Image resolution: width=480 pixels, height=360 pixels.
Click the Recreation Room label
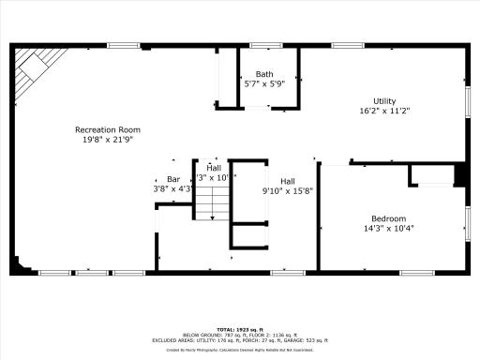pyautogui.click(x=108, y=129)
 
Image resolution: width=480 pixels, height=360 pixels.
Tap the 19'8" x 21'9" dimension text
pyautogui.click(x=108, y=139)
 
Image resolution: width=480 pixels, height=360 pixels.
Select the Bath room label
pyautogui.click(x=264, y=74)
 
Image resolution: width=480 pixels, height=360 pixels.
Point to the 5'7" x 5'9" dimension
pyautogui.click(x=264, y=83)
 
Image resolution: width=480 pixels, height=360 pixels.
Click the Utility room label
pyautogui.click(x=384, y=101)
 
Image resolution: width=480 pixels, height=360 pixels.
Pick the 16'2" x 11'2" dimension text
pyautogui.click(x=384, y=111)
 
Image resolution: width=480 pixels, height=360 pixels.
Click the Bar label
pyautogui.click(x=173, y=179)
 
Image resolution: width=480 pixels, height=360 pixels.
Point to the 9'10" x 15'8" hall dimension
pyautogui.click(x=288, y=191)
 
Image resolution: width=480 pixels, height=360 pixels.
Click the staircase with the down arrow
pyautogui.click(x=217, y=202)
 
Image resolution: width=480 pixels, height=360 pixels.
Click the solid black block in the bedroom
pyautogui.click(x=460, y=174)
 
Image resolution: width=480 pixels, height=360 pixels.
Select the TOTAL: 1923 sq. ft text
pyautogui.click(x=239, y=329)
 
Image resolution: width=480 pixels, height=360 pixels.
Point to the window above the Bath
pyautogui.click(x=265, y=45)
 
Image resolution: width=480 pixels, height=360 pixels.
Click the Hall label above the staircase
pyautogui.click(x=214, y=167)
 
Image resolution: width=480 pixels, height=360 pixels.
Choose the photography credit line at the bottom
pyautogui.click(x=239, y=349)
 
